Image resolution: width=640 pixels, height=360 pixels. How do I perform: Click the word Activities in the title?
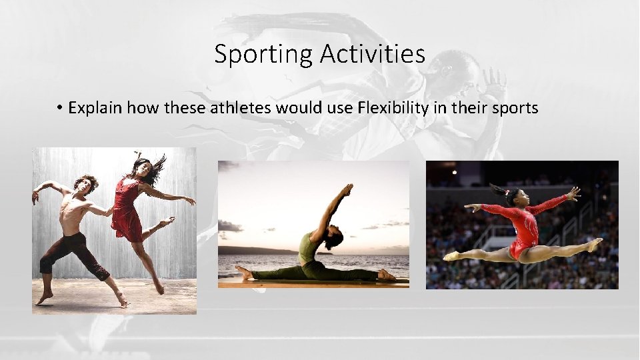tap(372, 53)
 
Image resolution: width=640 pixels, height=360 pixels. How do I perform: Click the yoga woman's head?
tap(334, 237)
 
